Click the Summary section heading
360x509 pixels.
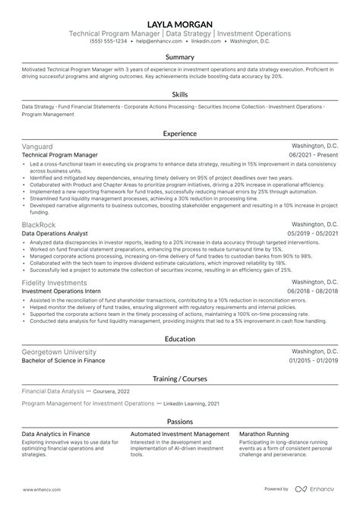[x=180, y=57]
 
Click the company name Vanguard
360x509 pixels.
[x=39, y=145]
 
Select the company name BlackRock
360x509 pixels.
[x=39, y=225]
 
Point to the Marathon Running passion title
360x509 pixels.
[x=264, y=433]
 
